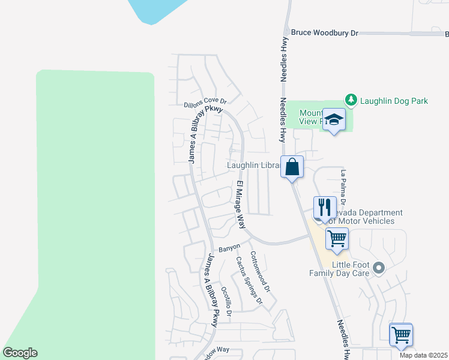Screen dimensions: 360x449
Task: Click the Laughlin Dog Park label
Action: click(394, 101)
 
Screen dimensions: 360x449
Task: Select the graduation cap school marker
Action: click(333, 119)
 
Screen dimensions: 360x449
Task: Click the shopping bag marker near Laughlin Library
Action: click(292, 167)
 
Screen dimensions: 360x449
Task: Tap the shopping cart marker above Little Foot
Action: click(337, 239)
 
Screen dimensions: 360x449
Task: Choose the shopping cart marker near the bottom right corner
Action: click(401, 335)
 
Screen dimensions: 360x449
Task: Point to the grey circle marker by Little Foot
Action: click(378, 268)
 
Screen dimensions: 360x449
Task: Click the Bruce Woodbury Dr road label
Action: click(324, 33)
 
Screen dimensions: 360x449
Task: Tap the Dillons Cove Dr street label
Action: click(205, 104)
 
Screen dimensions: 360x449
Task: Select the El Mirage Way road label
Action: click(241, 205)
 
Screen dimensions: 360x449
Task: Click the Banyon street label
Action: click(229, 247)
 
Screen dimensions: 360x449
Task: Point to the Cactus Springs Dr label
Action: click(249, 280)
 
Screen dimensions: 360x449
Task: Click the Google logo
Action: click(20, 353)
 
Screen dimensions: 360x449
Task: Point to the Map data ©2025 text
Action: click(423, 355)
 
